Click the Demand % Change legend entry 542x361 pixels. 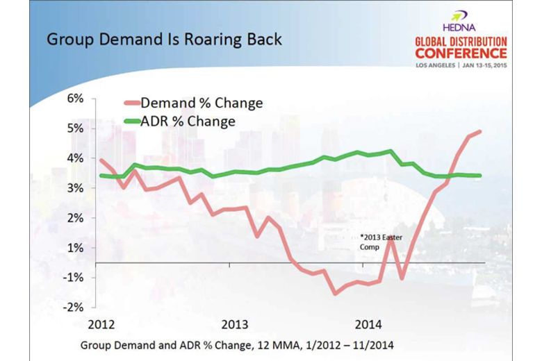pos(202,103)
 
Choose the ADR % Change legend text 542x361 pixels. pos(188,121)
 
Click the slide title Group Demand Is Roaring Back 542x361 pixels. pos(164,38)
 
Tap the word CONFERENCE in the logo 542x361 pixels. pos(457,53)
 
